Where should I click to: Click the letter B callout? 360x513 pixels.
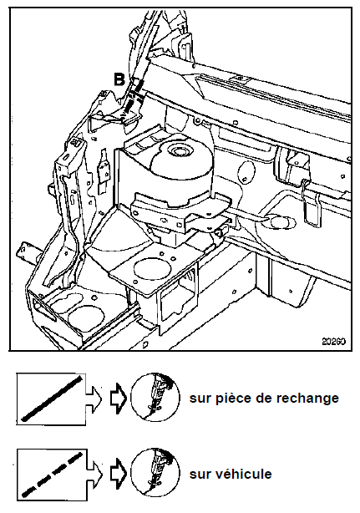119,79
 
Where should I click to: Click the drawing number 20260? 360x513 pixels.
333,342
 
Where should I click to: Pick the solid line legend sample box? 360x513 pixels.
51,399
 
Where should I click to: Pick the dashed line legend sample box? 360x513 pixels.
51,474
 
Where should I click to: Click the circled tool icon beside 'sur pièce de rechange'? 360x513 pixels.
155,397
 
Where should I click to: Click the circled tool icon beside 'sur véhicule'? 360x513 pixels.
155,473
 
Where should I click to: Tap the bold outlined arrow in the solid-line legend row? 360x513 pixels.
119,399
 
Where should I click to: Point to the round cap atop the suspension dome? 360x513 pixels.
178,152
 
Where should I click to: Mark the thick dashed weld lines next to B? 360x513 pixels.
134,96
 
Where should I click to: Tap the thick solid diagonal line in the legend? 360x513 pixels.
51,399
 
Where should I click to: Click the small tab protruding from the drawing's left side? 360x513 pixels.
28,252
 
